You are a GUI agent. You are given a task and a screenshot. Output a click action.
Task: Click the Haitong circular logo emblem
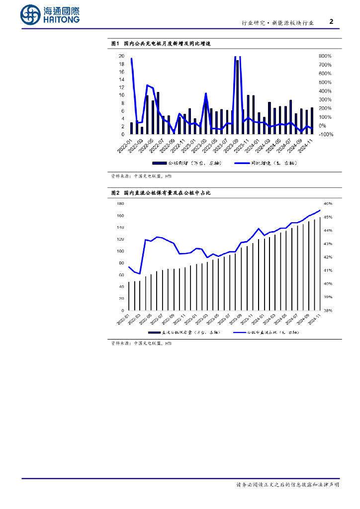(x=30, y=15)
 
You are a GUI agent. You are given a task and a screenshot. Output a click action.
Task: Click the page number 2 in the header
(x=332, y=22)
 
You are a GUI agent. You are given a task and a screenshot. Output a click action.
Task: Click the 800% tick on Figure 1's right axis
(x=325, y=56)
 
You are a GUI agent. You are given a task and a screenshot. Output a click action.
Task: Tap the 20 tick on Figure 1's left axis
(x=121, y=56)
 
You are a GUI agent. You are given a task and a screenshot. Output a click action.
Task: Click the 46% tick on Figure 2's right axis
(x=328, y=204)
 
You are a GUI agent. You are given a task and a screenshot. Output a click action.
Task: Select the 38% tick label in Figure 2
(x=328, y=311)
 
